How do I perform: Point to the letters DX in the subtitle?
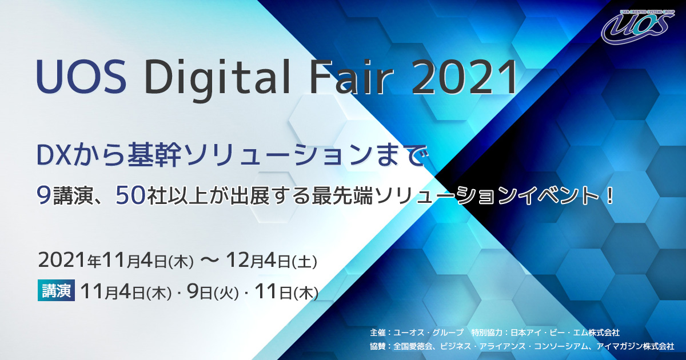coord(54,156)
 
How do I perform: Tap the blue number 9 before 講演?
coord(44,195)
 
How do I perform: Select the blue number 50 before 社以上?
coord(130,195)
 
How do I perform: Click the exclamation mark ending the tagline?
coord(609,195)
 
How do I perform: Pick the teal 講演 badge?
coord(56,290)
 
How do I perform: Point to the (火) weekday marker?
coord(226,294)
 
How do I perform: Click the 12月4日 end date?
coord(258,261)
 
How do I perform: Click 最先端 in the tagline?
coord(342,195)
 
